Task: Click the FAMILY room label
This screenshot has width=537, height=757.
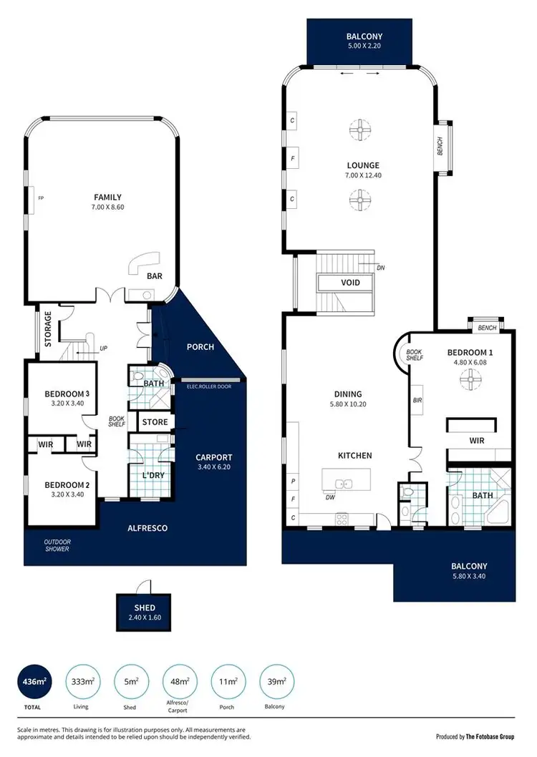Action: tap(107, 197)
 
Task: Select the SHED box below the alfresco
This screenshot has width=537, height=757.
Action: tap(144, 612)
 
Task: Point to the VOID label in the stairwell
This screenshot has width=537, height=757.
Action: tap(350, 283)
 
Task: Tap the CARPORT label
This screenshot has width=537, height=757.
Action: tap(214, 457)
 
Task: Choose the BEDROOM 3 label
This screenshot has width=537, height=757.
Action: tap(67, 394)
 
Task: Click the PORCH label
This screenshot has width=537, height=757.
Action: tap(200, 347)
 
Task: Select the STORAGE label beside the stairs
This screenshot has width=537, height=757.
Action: tap(49, 329)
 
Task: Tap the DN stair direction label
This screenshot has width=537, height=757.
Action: tap(382, 268)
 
